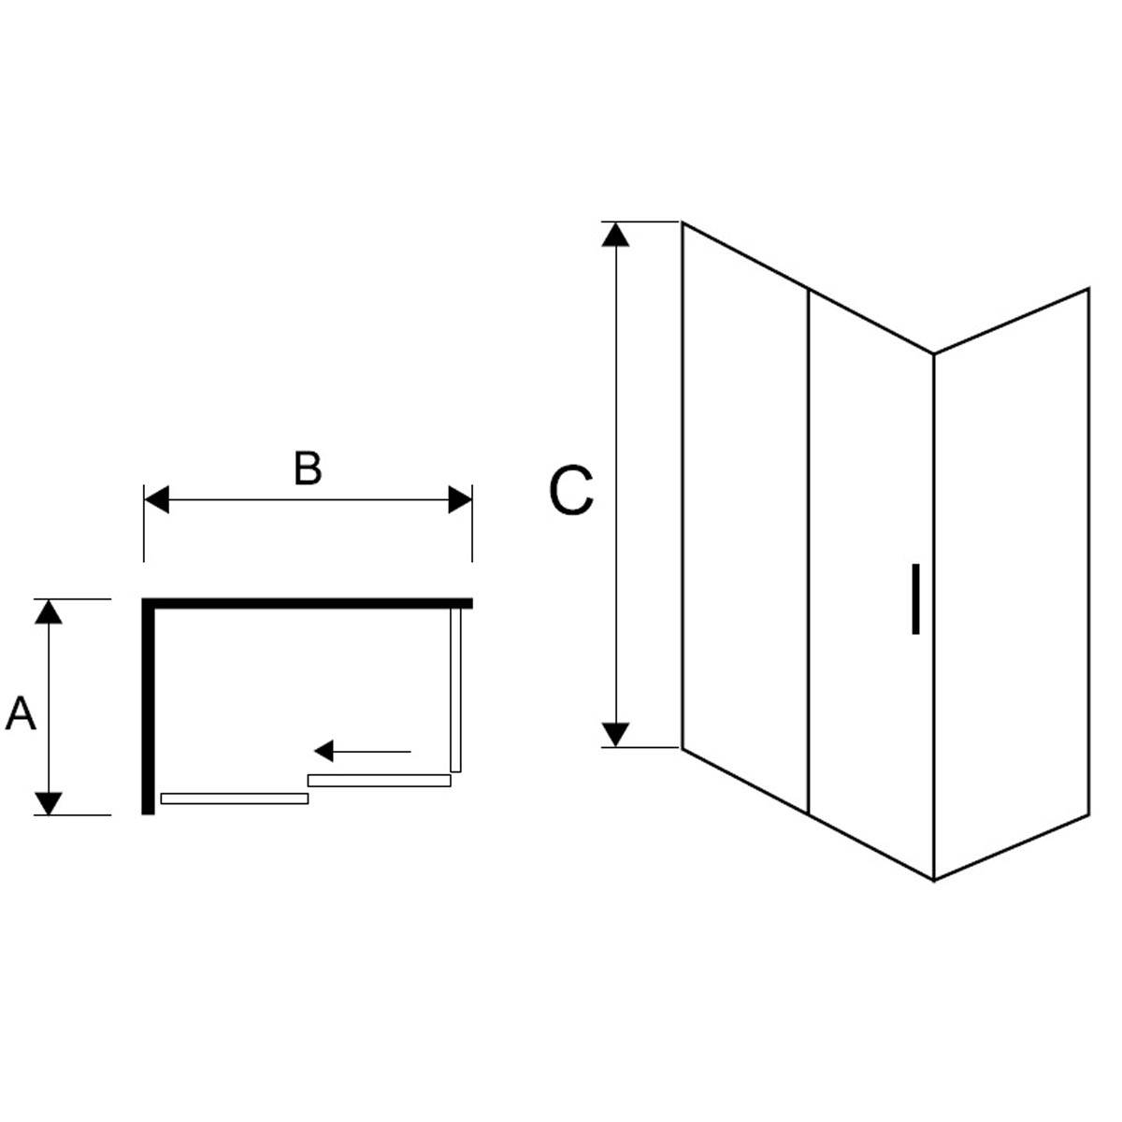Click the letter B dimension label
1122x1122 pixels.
click(308, 468)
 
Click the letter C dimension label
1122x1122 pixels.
click(570, 490)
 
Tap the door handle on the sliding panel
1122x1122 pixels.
click(915, 598)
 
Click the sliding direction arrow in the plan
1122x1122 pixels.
click(363, 751)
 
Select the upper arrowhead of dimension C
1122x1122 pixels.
click(615, 235)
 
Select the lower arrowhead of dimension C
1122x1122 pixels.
click(615, 734)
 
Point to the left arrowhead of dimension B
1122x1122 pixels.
click(157, 499)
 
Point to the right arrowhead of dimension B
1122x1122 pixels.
click(460, 499)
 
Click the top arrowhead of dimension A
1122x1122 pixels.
click(49, 611)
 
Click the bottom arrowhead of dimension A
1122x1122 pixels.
click(49, 803)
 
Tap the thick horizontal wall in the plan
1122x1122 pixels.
click(308, 603)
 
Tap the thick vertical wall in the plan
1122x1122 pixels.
click(149, 706)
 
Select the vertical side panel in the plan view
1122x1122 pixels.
click(456, 691)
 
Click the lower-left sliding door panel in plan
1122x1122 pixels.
click(234, 798)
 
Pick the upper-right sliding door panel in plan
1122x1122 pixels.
click(379, 780)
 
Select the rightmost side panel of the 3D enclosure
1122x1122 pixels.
click(1012, 584)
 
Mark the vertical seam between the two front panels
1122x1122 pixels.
click(808, 551)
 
